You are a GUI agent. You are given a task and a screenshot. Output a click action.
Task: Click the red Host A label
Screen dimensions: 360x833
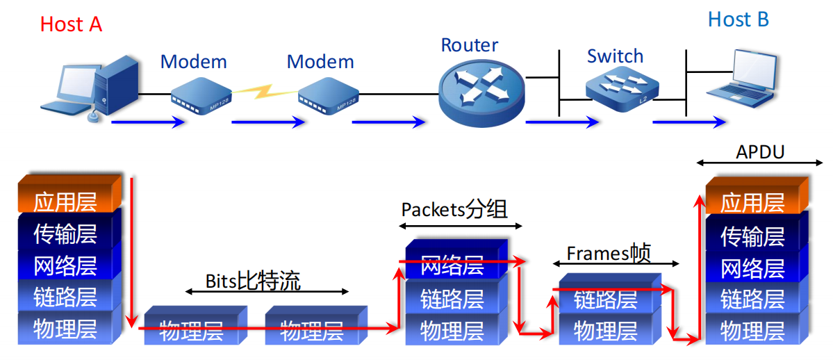[71, 24]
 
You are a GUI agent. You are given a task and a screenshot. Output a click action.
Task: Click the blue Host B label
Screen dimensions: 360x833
[738, 19]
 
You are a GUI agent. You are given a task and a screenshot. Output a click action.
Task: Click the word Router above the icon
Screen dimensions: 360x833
[470, 46]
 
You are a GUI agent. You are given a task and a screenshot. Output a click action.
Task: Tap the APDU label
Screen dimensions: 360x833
[759, 152]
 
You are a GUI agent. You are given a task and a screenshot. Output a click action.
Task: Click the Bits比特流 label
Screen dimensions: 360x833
[253, 281]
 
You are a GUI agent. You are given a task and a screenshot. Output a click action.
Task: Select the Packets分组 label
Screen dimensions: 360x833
[454, 209]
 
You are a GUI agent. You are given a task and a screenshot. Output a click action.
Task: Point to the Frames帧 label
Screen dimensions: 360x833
[609, 254]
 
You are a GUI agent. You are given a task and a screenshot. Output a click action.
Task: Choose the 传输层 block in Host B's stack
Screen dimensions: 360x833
[752, 236]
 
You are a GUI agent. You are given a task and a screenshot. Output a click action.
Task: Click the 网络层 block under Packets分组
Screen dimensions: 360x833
[453, 265]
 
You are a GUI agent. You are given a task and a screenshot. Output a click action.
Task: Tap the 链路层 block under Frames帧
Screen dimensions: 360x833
[606, 300]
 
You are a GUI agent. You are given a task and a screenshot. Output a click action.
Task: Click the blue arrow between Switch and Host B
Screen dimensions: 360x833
[687, 122]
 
